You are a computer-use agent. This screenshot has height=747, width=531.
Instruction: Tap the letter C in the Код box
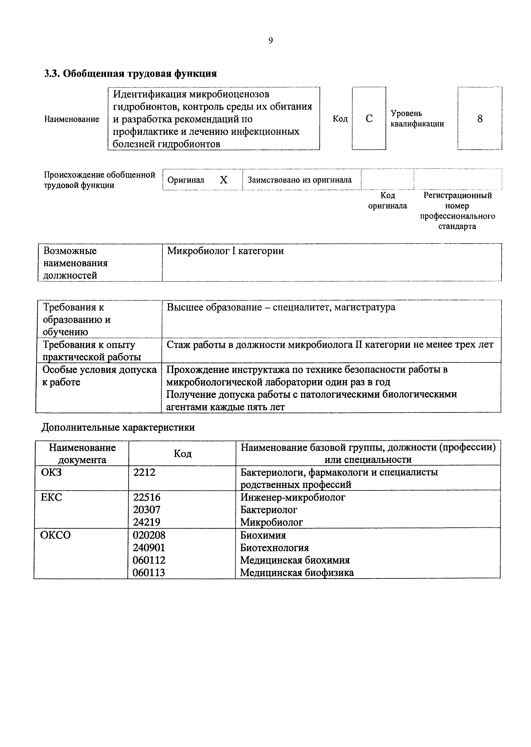(369, 118)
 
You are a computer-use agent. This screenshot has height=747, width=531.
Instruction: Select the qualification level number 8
(480, 118)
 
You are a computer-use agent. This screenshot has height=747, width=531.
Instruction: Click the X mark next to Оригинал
(223, 180)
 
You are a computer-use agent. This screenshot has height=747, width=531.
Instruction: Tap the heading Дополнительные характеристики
(118, 427)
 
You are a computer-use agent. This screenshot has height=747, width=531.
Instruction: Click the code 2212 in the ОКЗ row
(144, 472)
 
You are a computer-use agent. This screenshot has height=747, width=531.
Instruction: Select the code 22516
(147, 497)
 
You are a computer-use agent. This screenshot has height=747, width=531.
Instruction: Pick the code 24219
(147, 522)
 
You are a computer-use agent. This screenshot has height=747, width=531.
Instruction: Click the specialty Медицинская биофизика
(297, 573)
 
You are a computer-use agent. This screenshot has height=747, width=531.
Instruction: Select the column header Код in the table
(183, 453)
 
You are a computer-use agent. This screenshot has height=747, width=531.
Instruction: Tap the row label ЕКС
(51, 497)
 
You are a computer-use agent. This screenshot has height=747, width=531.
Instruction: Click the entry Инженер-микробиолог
(293, 497)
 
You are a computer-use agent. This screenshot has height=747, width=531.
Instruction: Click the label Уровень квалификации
(417, 118)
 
